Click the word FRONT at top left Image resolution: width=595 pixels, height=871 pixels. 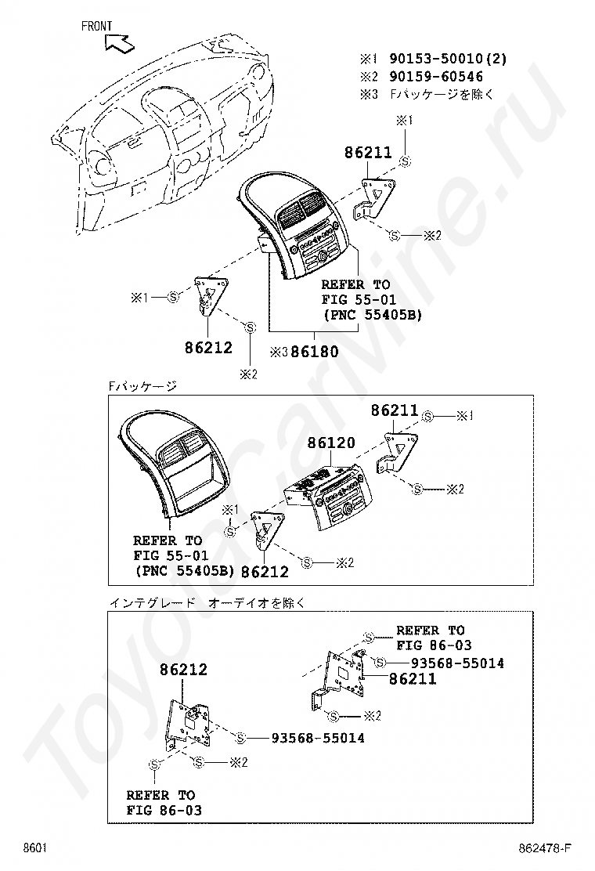coord(96,26)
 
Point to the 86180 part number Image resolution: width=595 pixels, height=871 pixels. coord(315,352)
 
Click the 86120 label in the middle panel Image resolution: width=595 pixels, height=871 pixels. coord(330,443)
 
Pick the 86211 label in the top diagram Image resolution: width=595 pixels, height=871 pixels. coord(368,154)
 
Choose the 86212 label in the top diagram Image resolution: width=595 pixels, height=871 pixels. coord(209,347)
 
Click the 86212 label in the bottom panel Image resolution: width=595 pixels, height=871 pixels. coord(183,670)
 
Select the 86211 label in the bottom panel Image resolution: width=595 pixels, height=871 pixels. coord(413,679)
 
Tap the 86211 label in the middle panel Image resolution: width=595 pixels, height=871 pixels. coord(395,410)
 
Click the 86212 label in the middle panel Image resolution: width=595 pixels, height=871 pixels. coord(265,573)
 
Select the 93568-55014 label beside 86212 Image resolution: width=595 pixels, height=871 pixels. coord(318,738)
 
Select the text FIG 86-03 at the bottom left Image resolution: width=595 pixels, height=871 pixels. coord(164,811)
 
